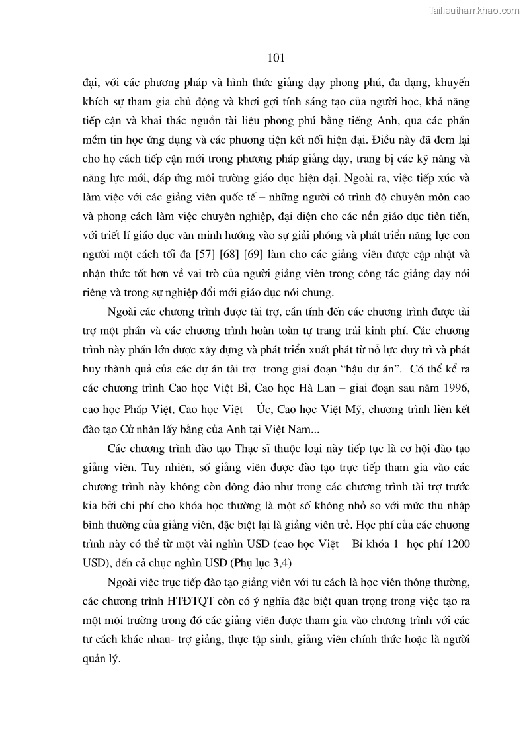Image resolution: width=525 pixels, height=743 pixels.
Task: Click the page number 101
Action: (x=277, y=58)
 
